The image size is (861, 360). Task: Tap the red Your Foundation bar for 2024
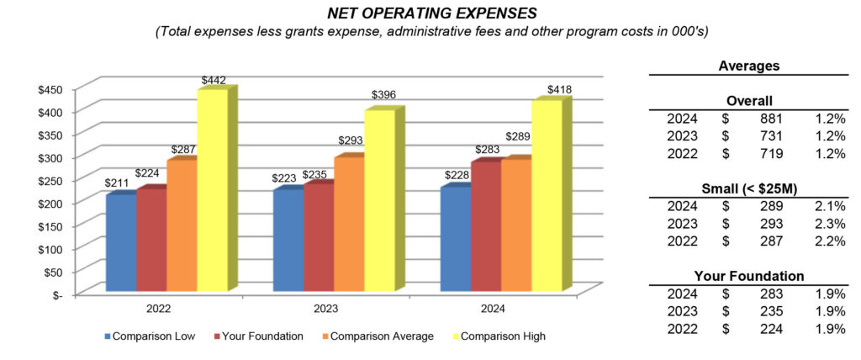tap(485, 227)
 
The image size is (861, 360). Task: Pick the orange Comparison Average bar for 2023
tap(348, 225)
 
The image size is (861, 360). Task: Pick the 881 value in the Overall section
tap(771, 119)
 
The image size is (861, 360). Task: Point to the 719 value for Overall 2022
tap(771, 153)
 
